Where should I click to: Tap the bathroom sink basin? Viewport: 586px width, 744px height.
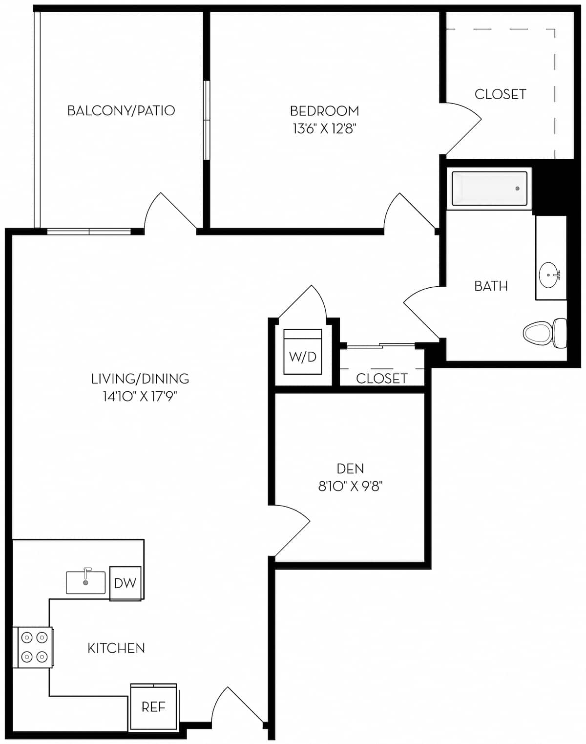(x=549, y=275)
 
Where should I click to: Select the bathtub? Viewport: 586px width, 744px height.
(x=489, y=189)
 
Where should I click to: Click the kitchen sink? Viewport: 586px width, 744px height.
(x=85, y=582)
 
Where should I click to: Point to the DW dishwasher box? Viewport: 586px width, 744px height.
(x=125, y=583)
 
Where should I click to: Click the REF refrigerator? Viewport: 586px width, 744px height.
(x=153, y=707)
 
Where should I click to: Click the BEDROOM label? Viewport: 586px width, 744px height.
(x=324, y=111)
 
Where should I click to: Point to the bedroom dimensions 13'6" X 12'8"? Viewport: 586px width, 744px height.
(x=324, y=129)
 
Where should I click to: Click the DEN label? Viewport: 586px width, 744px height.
(x=350, y=469)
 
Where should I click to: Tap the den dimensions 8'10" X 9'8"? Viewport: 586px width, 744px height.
(x=350, y=487)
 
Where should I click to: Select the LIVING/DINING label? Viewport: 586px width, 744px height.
(x=140, y=379)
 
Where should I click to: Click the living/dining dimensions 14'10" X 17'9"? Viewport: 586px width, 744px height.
(x=140, y=396)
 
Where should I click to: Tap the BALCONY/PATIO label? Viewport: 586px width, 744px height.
(x=121, y=111)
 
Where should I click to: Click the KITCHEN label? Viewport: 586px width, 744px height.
(x=116, y=648)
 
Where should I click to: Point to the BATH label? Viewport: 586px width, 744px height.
(x=491, y=286)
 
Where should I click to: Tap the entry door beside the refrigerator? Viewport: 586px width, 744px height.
(x=238, y=706)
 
